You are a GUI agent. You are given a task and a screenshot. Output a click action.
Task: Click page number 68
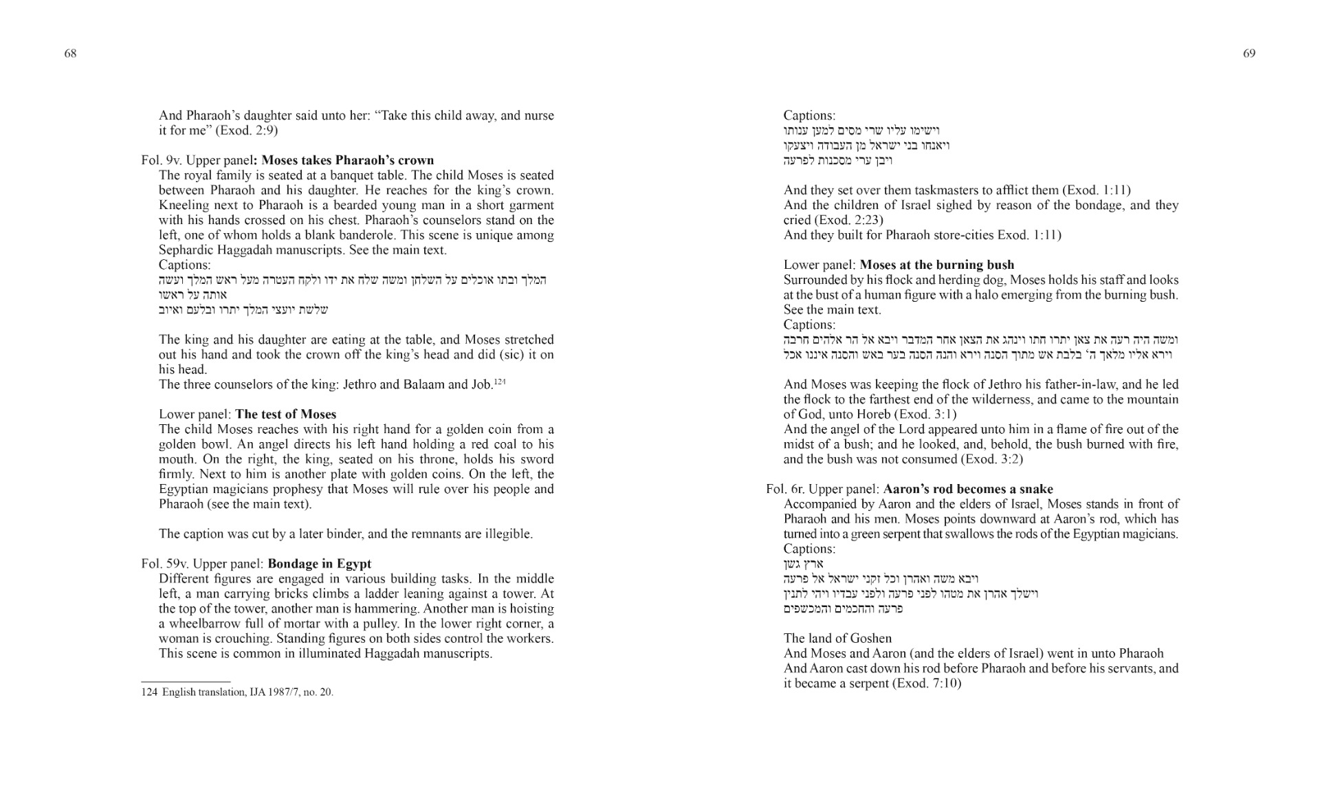(70, 54)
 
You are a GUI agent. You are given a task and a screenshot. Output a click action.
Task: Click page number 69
(1249, 54)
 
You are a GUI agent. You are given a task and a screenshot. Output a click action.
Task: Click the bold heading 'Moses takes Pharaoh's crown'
(348, 160)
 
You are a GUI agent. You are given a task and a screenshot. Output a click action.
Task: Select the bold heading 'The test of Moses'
(285, 414)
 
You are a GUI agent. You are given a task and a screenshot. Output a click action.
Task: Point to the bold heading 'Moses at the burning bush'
(936, 265)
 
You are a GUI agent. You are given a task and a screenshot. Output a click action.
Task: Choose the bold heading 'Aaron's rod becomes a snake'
(967, 489)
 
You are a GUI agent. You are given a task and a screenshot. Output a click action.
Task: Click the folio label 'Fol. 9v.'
(162, 160)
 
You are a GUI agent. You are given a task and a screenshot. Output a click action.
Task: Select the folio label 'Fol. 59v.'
(165, 564)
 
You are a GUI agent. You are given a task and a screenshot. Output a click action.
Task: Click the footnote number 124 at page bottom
(149, 692)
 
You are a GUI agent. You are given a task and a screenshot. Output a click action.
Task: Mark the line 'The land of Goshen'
(837, 638)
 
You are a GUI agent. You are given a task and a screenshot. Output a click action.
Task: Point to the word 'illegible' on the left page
(505, 534)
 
